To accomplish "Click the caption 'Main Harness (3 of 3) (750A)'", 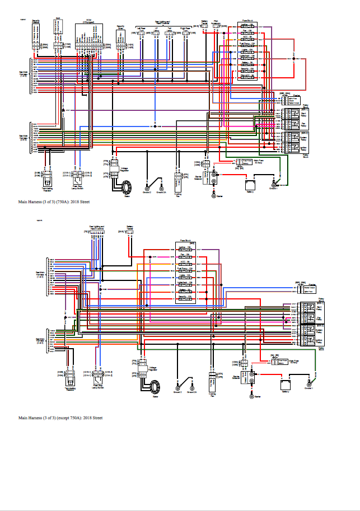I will [53, 200].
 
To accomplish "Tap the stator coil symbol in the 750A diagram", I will [126, 185].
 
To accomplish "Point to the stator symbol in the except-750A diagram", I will [155, 387].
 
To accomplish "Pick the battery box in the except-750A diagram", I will [286, 385].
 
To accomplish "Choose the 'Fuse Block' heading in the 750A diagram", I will [247, 21].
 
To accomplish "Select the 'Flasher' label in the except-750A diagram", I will [312, 284].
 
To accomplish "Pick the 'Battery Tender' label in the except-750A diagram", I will [129, 228].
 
